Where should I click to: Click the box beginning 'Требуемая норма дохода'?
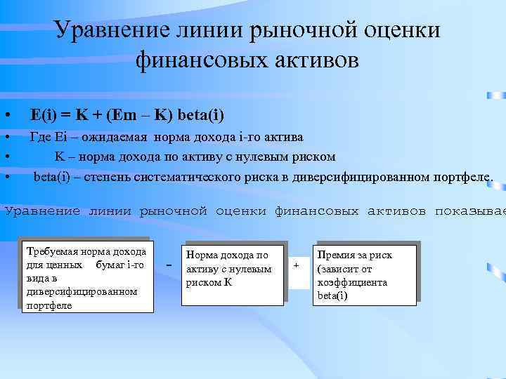86,277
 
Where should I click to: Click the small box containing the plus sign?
297,265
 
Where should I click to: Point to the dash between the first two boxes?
169,265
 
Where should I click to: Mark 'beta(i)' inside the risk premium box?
332,295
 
